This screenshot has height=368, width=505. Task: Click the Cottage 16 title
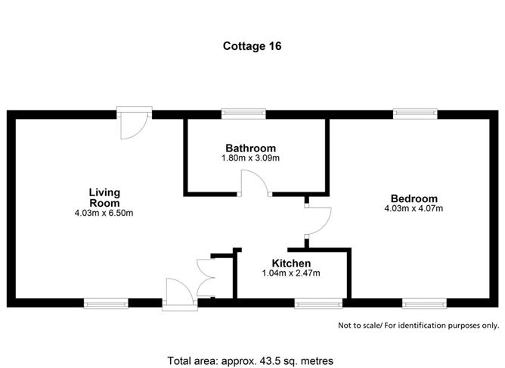click(x=253, y=45)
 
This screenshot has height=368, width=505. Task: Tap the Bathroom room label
click(x=250, y=148)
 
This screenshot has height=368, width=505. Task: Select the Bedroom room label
click(x=412, y=198)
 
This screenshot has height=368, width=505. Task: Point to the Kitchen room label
click(x=291, y=263)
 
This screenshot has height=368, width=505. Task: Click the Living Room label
click(x=104, y=198)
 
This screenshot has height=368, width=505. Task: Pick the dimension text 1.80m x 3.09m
click(x=250, y=158)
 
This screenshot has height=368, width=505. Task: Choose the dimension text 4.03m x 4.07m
click(x=413, y=208)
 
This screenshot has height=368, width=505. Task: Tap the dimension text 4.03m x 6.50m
click(x=104, y=214)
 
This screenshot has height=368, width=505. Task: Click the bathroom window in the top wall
click(x=243, y=114)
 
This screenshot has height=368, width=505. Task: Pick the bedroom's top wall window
click(x=414, y=114)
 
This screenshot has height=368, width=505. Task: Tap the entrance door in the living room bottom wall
click(x=178, y=294)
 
